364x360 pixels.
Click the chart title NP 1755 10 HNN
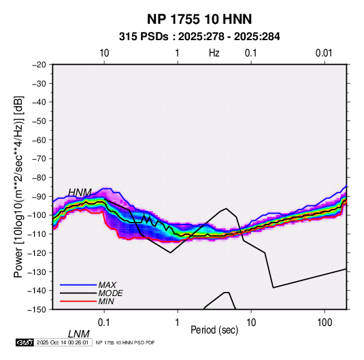199,19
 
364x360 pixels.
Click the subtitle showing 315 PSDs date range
199,37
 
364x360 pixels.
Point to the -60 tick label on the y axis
39,140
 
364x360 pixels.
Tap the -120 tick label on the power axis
37,252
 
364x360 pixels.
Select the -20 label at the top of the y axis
39,65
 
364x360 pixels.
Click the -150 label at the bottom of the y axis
37,310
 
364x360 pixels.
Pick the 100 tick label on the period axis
325,323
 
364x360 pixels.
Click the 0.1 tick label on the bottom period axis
104,323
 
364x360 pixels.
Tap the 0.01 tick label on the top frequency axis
324,53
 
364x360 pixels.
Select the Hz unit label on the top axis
214,53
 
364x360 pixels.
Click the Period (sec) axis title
214,330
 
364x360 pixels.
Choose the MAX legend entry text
107,284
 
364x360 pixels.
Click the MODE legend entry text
110,293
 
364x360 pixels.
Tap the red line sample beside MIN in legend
78,301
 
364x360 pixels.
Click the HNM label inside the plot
80,193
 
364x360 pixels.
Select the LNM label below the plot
79,334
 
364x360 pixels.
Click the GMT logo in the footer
24,342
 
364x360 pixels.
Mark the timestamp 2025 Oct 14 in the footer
63,342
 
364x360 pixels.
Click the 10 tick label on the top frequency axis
104,53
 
